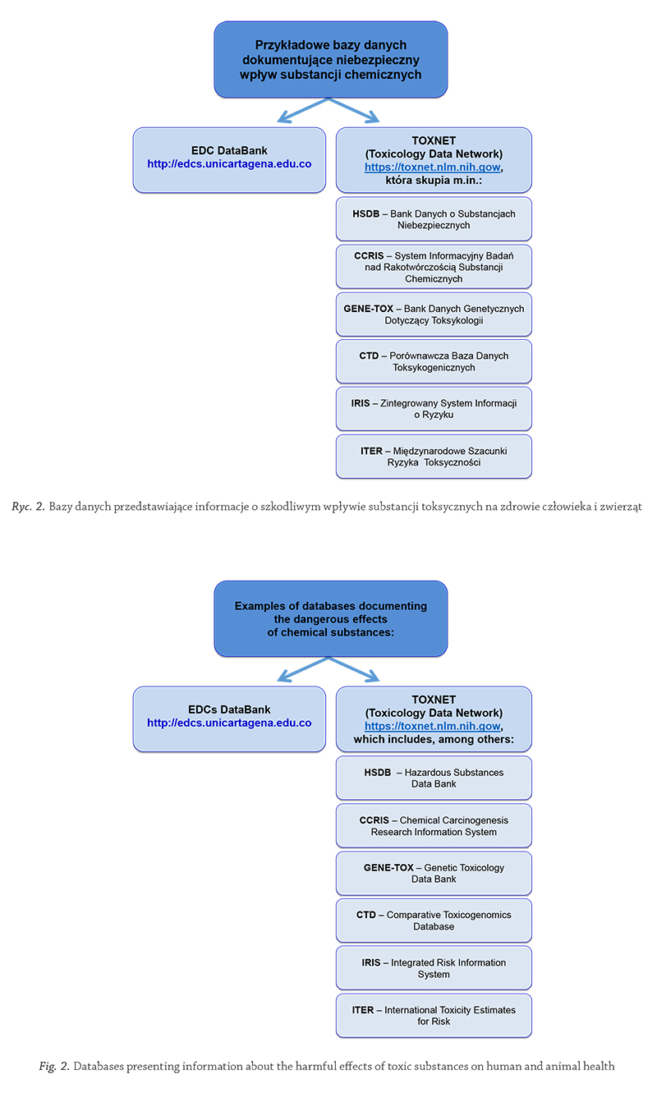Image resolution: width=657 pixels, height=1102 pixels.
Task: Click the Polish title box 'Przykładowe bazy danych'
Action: coord(331,59)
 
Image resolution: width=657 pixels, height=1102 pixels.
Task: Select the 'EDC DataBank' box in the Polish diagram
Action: coord(229,160)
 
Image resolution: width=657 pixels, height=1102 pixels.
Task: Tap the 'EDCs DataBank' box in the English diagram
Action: coord(229,719)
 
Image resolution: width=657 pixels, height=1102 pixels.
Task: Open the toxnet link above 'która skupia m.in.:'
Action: coord(433,168)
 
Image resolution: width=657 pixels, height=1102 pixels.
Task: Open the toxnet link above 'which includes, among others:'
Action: coord(433,726)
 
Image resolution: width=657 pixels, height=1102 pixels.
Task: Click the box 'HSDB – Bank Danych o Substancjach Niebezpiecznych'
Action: coord(434,219)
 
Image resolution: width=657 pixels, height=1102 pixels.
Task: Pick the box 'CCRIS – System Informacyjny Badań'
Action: coord(434,267)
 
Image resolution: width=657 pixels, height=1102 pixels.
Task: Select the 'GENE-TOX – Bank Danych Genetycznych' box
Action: coord(434,315)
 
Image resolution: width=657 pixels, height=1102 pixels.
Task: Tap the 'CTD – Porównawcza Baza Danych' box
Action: coord(434,361)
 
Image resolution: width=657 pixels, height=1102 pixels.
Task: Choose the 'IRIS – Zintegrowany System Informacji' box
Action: coord(434,409)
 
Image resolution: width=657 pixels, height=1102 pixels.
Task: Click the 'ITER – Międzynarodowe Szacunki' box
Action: coord(434,457)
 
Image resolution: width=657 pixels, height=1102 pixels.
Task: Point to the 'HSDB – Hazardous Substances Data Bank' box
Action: coord(434,778)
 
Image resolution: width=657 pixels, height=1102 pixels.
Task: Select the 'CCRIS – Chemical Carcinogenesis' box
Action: coord(434,826)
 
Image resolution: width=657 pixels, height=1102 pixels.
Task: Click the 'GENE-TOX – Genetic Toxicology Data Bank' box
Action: coord(434,873)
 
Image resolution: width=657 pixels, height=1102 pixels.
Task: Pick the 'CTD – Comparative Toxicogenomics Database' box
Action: coord(434,921)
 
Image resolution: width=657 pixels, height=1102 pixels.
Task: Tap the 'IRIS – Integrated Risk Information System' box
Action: coord(434,968)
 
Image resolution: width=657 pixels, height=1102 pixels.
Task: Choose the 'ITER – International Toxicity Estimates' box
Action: coord(434,1016)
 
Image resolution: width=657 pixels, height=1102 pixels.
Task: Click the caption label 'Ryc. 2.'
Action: coord(28,507)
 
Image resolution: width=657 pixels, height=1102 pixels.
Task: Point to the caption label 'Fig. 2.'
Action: coord(54,1066)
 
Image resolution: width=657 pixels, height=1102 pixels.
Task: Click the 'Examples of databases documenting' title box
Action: coord(331,619)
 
